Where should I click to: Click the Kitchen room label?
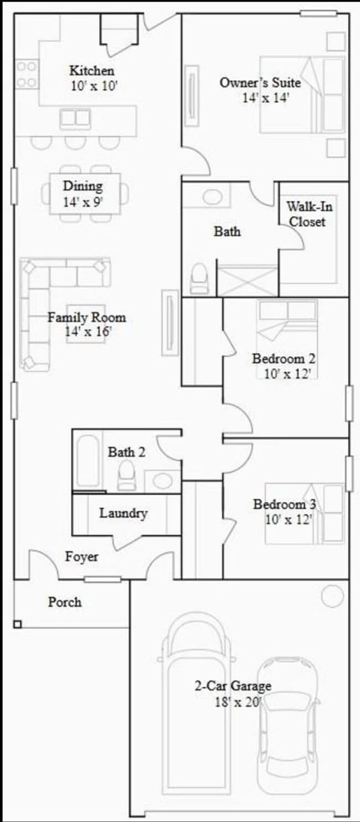(x=92, y=71)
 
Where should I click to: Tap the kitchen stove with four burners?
(x=27, y=74)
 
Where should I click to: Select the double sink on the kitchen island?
(x=75, y=118)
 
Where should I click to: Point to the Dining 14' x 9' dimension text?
(x=83, y=202)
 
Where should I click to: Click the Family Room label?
(x=86, y=318)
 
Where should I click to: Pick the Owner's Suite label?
(x=260, y=83)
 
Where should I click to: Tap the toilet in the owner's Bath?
(x=199, y=279)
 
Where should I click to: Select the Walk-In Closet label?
(x=306, y=214)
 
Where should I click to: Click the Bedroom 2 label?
(x=284, y=358)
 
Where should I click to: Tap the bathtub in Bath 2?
(x=88, y=461)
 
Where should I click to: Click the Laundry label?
(x=123, y=513)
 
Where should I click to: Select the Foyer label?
(x=81, y=557)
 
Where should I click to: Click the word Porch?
(x=64, y=602)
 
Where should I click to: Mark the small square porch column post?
(x=17, y=624)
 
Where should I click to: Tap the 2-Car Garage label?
(x=233, y=686)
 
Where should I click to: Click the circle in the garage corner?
(x=332, y=596)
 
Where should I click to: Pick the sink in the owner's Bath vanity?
(x=213, y=197)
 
